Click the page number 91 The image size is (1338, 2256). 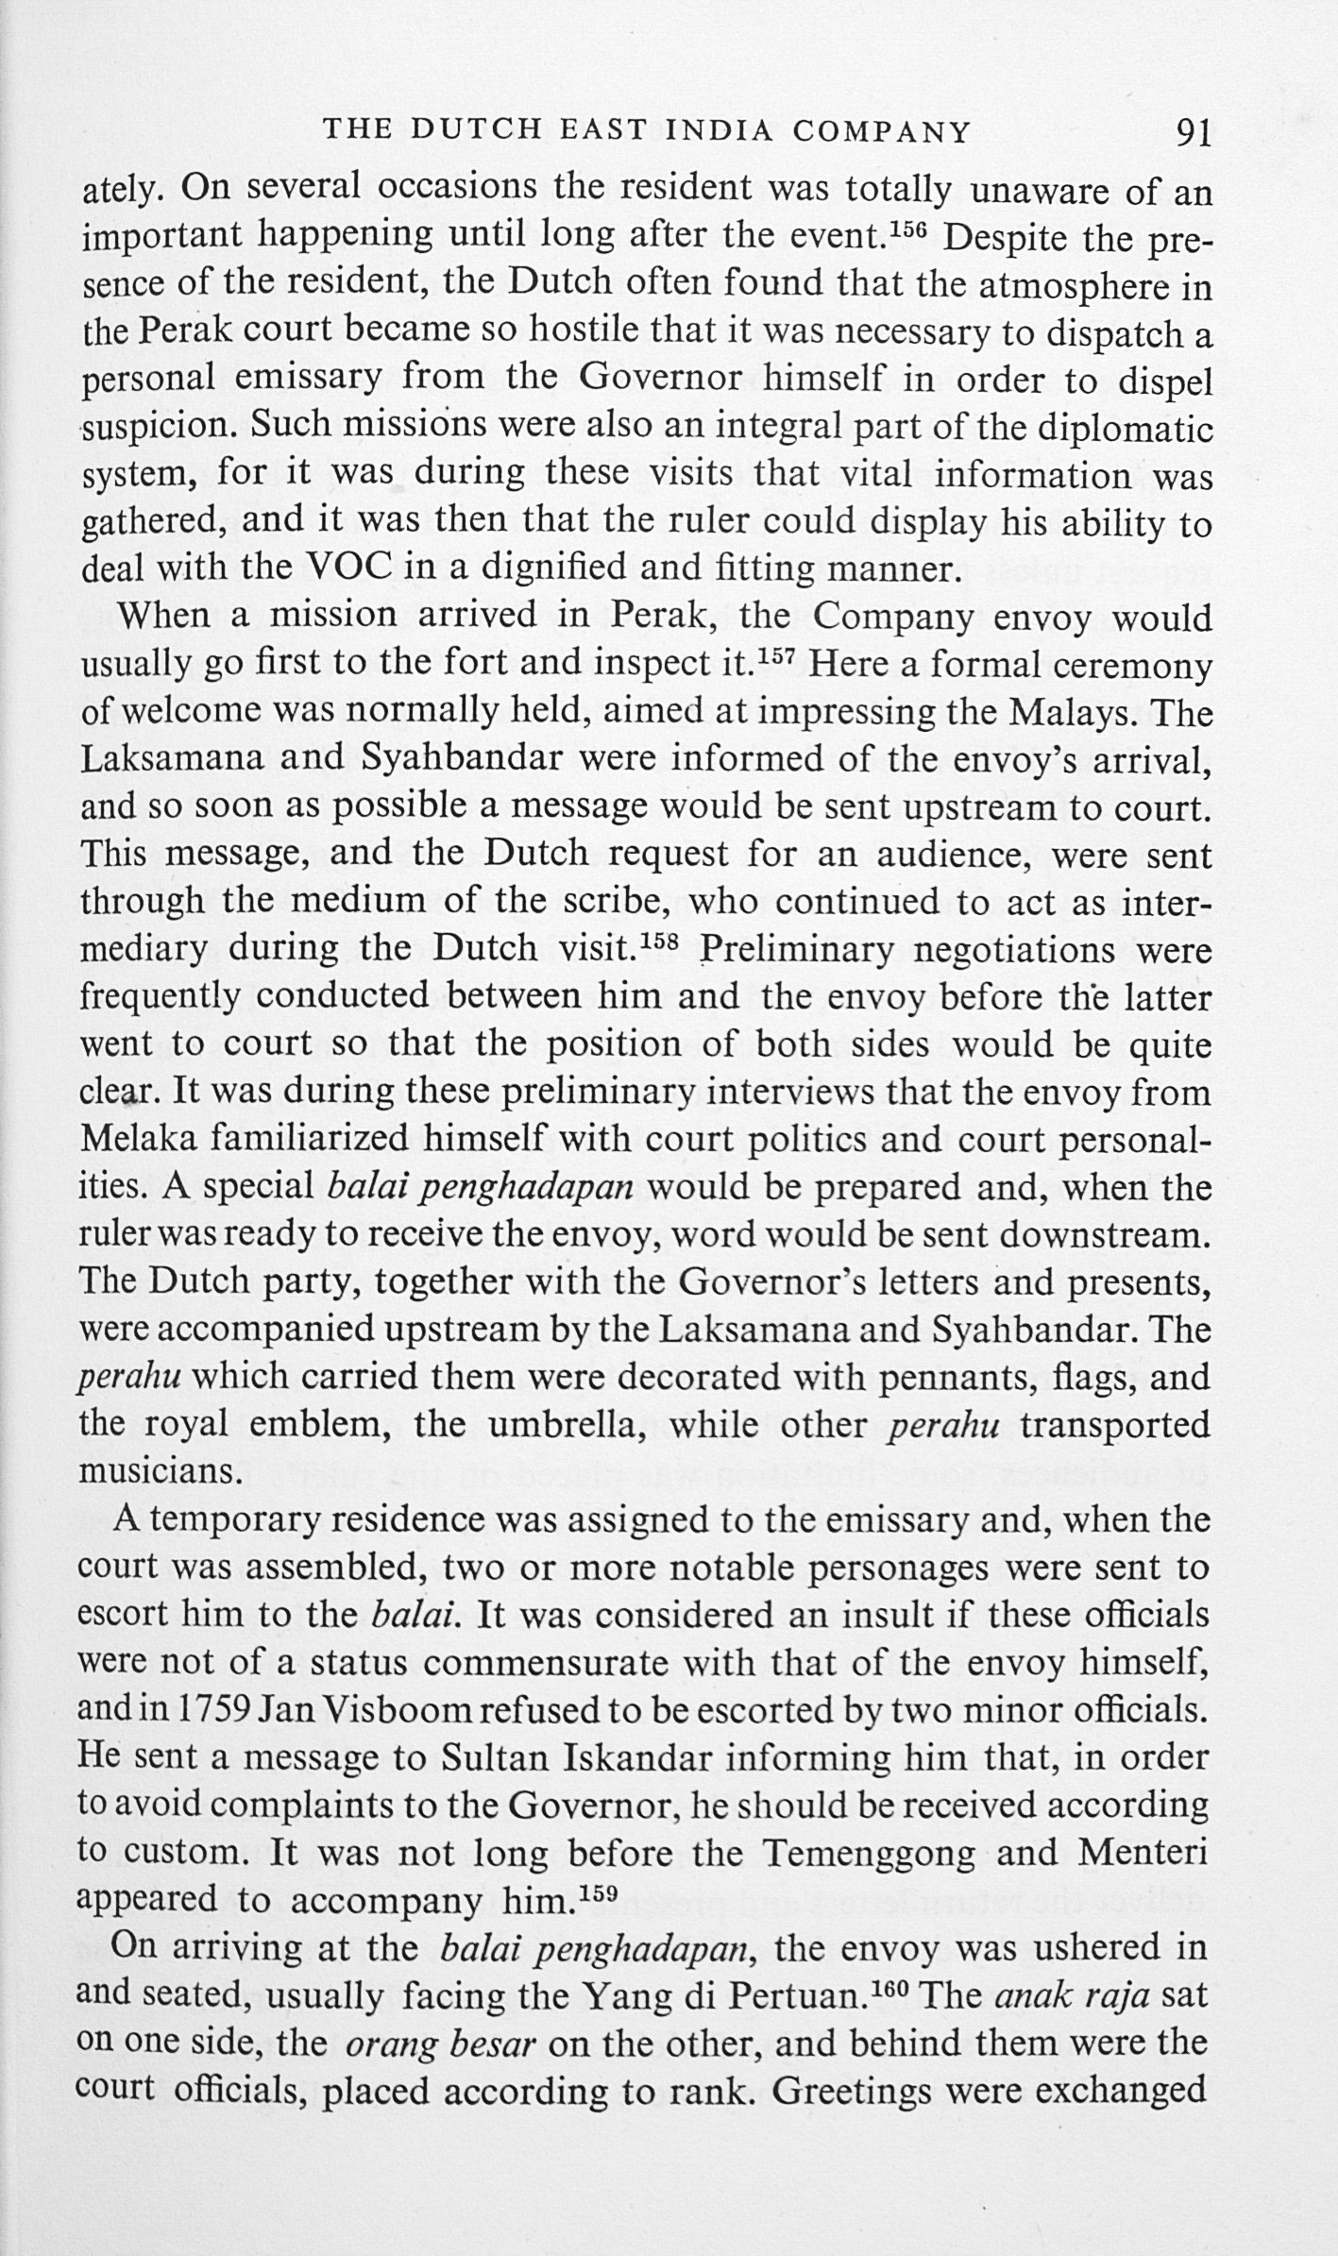[1193, 133]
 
